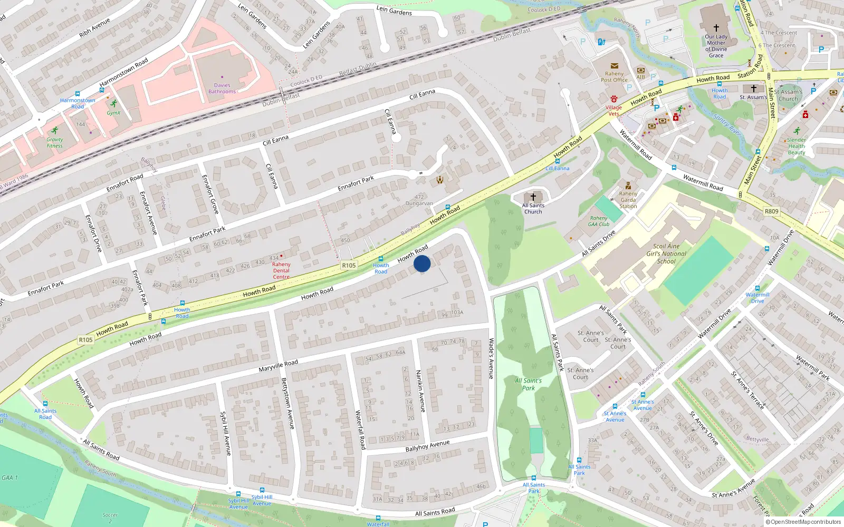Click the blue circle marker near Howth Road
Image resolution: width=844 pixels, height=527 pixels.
pyautogui.click(x=422, y=263)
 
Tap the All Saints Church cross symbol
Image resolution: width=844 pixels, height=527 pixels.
pyautogui.click(x=533, y=197)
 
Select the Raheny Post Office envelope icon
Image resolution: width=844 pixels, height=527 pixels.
pyautogui.click(x=614, y=66)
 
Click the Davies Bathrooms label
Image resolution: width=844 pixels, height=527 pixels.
pyautogui.click(x=222, y=89)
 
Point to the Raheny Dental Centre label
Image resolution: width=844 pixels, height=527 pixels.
pyautogui.click(x=281, y=270)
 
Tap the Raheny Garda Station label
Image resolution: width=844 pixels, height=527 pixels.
pyautogui.click(x=628, y=200)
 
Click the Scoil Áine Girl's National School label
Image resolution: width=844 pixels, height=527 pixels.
pyautogui.click(x=666, y=253)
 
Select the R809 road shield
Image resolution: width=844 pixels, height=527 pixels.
pyautogui.click(x=771, y=211)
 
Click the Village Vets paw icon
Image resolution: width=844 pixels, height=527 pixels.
pyautogui.click(x=613, y=99)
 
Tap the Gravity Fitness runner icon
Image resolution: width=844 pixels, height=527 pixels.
pyautogui.click(x=55, y=131)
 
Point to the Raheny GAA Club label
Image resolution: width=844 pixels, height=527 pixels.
pyautogui.click(x=599, y=221)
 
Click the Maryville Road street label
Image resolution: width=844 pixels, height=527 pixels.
pyautogui.click(x=278, y=366)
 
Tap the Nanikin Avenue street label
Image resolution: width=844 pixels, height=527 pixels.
pyautogui.click(x=420, y=391)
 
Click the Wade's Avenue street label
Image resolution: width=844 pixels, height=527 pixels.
pyautogui.click(x=491, y=358)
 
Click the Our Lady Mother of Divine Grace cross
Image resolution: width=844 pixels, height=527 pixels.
pyautogui.click(x=716, y=28)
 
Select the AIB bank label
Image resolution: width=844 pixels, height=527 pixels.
pyautogui.click(x=640, y=77)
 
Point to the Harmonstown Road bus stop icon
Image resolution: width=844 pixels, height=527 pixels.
pyautogui.click(x=78, y=94)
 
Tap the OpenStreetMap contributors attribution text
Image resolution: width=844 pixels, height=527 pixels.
pyautogui.click(x=803, y=522)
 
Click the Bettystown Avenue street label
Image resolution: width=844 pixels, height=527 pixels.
pyautogui.click(x=287, y=403)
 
